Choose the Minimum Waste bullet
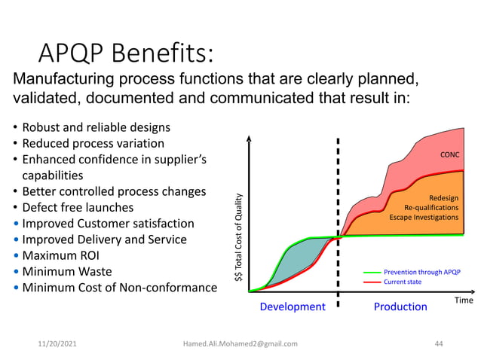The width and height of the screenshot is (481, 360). [x=66, y=271]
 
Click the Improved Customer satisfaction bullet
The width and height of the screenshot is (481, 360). [x=107, y=224]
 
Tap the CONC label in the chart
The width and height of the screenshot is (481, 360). [x=449, y=155]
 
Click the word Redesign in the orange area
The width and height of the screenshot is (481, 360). [x=443, y=198]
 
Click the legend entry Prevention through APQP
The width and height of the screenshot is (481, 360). [x=422, y=271]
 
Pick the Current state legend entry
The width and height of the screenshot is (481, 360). [x=403, y=281]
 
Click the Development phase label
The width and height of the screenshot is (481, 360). [x=293, y=307]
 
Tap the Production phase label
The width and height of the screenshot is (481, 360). [x=400, y=307]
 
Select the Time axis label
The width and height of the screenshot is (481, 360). [x=463, y=299]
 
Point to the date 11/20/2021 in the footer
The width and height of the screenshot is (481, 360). [x=57, y=343]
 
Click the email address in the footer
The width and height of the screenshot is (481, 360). [x=240, y=343]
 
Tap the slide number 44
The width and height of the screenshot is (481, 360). [x=440, y=343]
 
